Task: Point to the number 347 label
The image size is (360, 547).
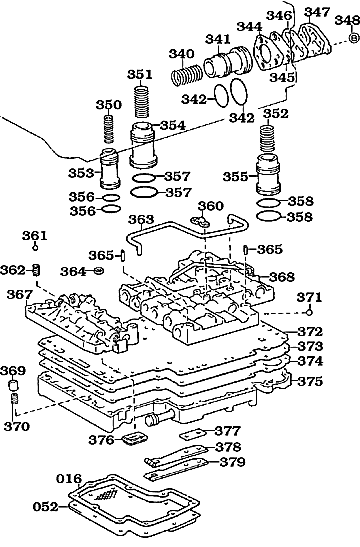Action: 317,12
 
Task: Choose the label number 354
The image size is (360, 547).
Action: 173,125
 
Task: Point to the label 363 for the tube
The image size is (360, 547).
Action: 141,219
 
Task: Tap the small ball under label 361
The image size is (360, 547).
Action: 33,251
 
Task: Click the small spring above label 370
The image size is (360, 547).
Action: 15,403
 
